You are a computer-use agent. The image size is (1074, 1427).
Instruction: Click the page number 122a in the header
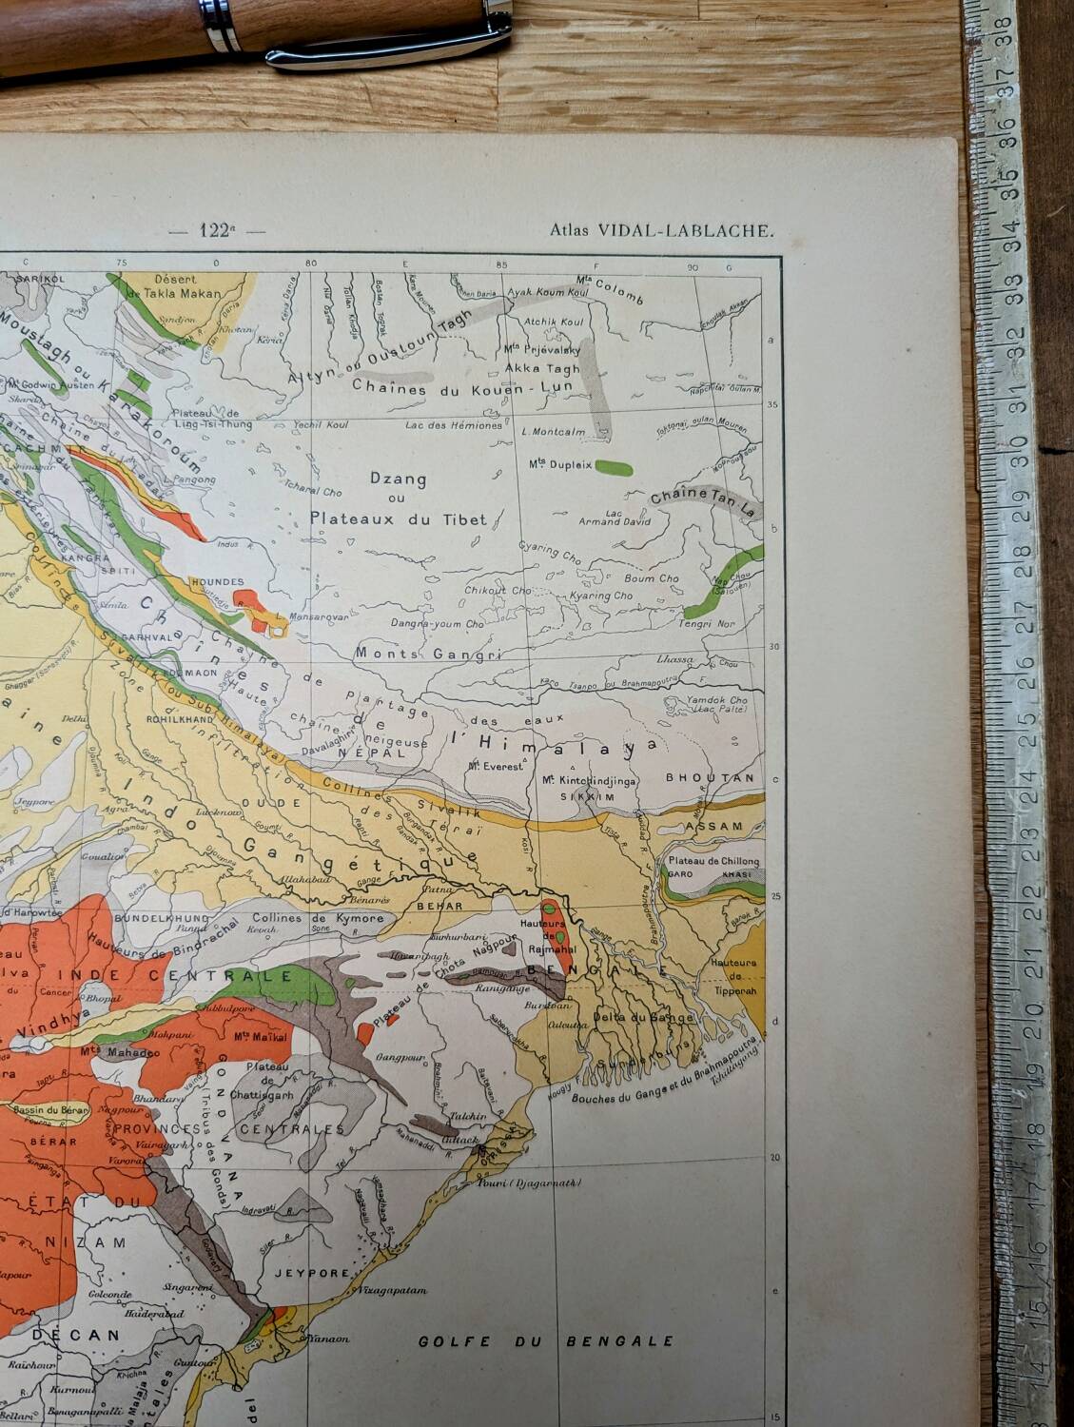tap(216, 229)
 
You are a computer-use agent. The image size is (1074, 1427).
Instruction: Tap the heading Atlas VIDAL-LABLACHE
tap(662, 229)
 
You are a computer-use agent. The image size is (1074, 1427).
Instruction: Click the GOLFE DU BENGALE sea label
tap(546, 1341)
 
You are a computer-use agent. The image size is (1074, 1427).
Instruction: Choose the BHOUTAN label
tap(709, 777)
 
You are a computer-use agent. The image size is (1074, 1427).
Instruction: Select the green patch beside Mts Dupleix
tap(614, 466)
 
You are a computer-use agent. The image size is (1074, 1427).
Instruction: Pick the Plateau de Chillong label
tap(713, 861)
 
